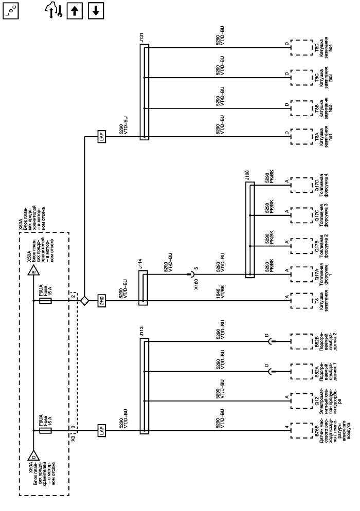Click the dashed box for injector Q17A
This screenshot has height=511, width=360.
pyautogui.click(x=298, y=271)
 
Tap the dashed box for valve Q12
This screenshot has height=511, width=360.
pyautogui.click(x=298, y=399)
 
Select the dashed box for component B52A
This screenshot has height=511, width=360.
pyautogui.click(x=298, y=371)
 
